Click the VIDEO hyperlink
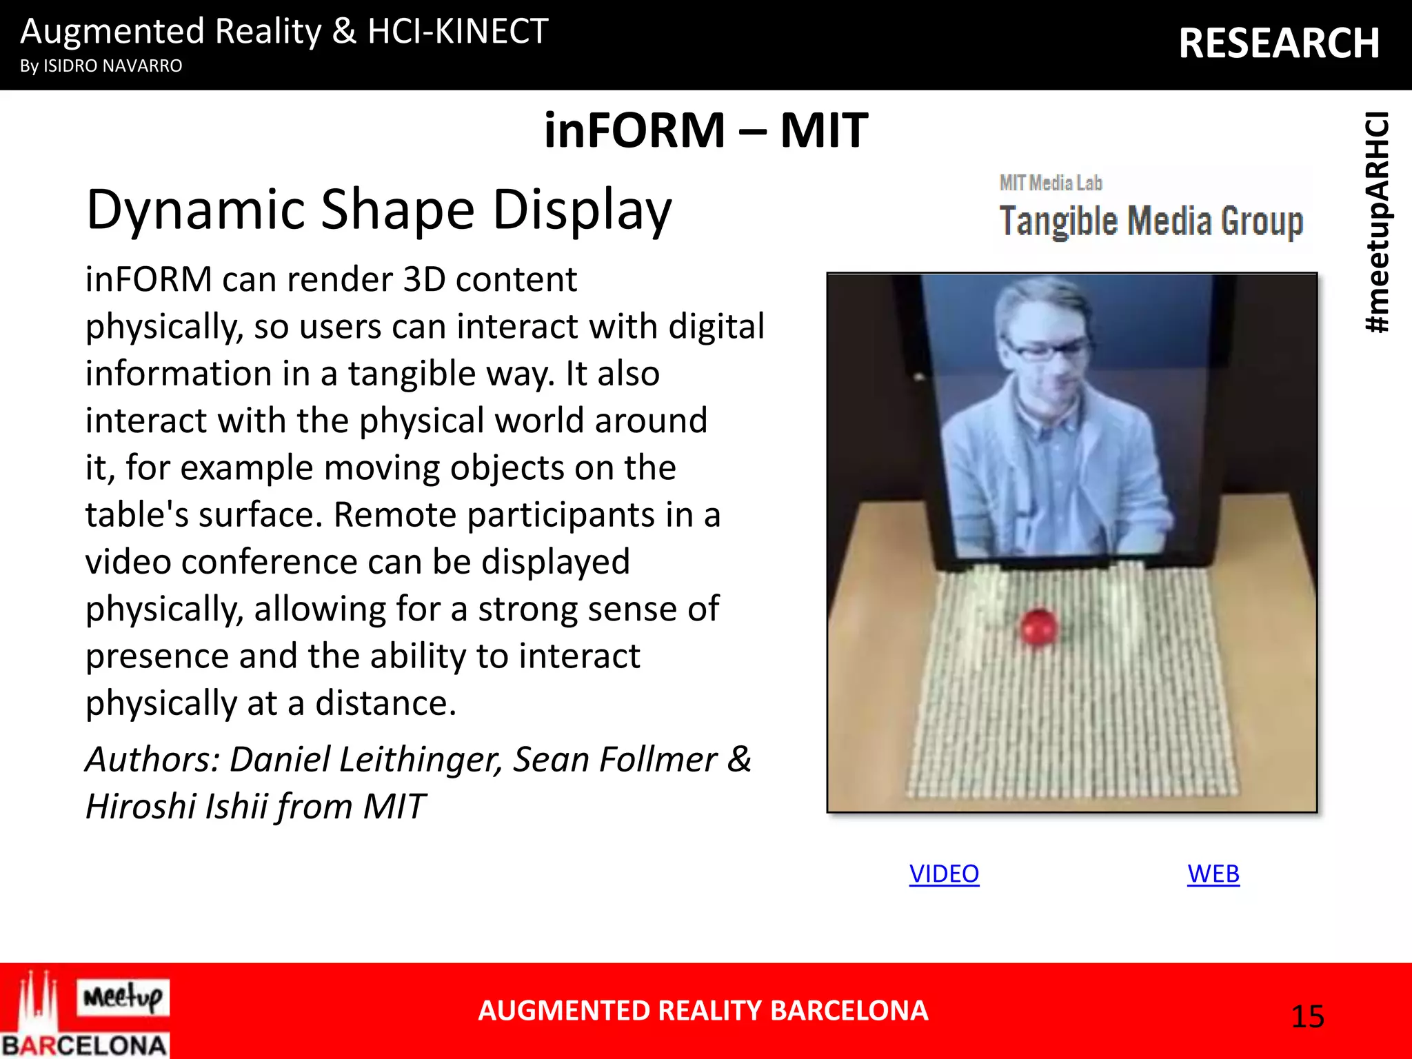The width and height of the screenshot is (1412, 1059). [944, 874]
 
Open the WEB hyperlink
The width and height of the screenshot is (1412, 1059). [1213, 874]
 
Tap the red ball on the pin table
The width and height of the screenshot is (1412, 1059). [1038, 626]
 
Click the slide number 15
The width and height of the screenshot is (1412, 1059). [1307, 1016]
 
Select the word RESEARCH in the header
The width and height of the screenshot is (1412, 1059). [1279, 43]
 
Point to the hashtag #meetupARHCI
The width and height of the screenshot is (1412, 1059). [1378, 222]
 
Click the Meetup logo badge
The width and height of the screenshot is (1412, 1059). [123, 997]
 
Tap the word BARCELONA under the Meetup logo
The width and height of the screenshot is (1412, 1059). [84, 1045]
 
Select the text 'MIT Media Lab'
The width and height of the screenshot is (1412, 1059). [1051, 183]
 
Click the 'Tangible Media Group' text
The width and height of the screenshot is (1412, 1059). [1151, 221]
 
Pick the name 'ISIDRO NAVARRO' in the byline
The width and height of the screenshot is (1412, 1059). [113, 66]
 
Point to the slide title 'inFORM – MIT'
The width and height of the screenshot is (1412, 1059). [705, 130]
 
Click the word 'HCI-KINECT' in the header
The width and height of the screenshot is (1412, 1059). [458, 32]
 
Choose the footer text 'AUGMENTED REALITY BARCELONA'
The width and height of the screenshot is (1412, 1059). [703, 1011]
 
